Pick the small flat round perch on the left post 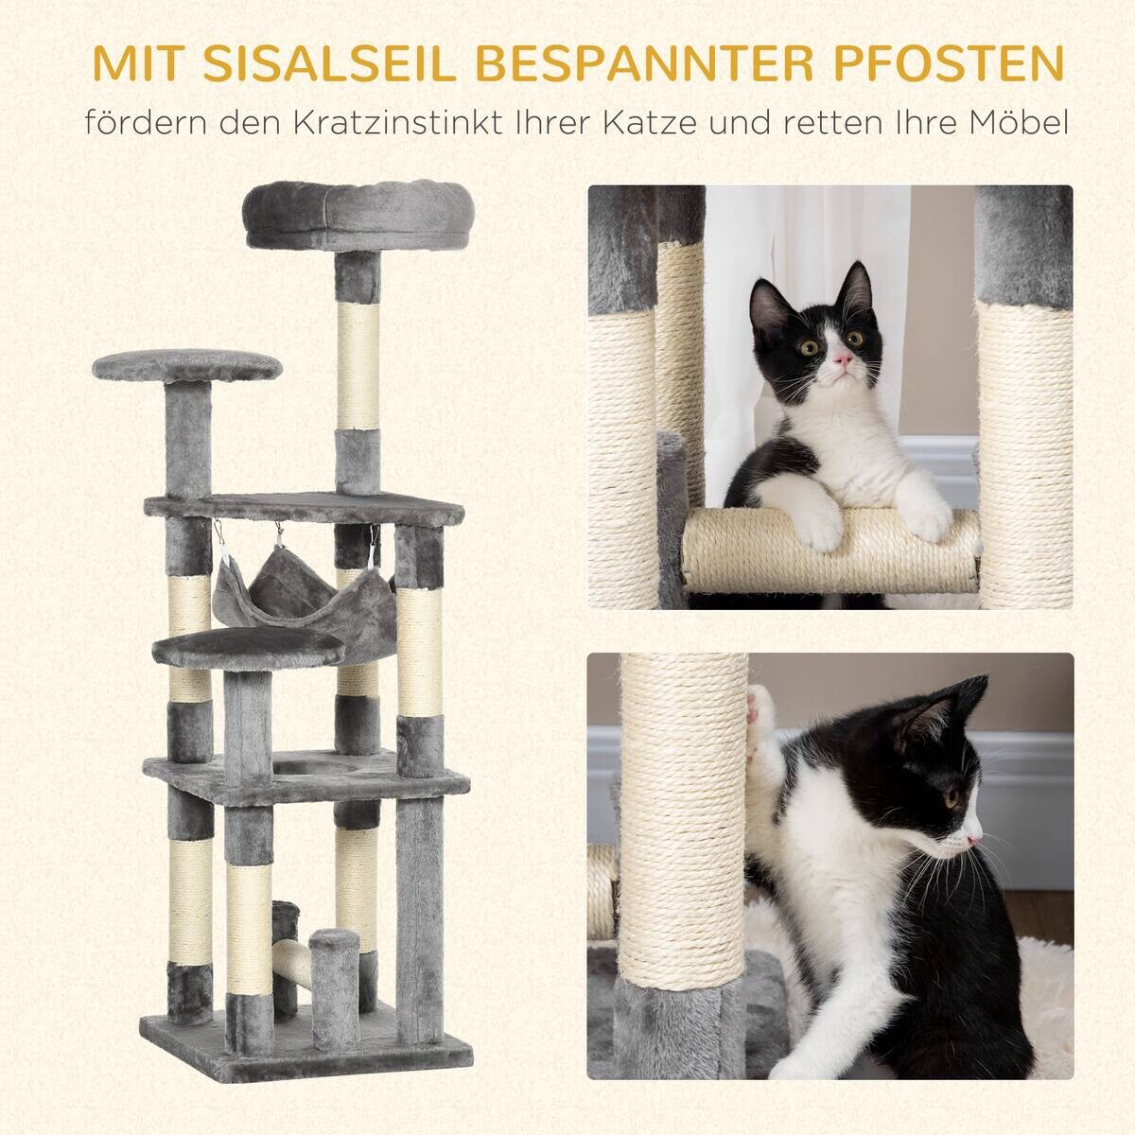[x=187, y=366]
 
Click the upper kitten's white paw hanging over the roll [x=818, y=530]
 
